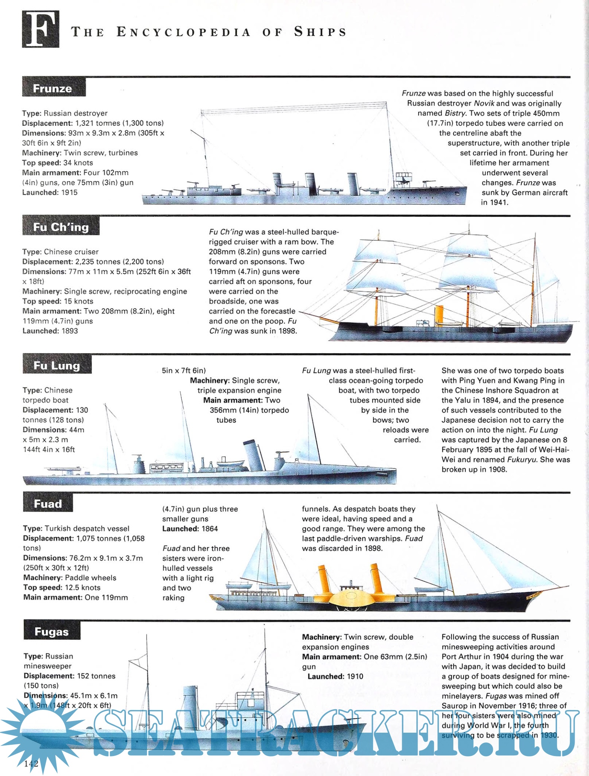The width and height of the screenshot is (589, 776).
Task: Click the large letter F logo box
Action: (40, 29)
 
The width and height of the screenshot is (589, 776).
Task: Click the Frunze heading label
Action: (53, 88)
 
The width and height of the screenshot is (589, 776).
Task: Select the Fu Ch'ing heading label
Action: (61, 227)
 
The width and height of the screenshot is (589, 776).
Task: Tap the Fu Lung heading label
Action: (57, 365)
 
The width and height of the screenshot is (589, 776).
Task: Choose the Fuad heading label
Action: (48, 504)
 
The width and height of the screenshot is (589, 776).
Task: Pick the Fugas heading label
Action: (52, 632)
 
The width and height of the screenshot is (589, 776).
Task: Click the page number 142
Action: (31, 764)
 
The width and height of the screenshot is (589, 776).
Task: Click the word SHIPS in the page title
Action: (320, 32)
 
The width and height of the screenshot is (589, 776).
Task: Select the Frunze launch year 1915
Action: (69, 192)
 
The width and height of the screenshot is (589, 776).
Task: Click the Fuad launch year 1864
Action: (210, 529)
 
